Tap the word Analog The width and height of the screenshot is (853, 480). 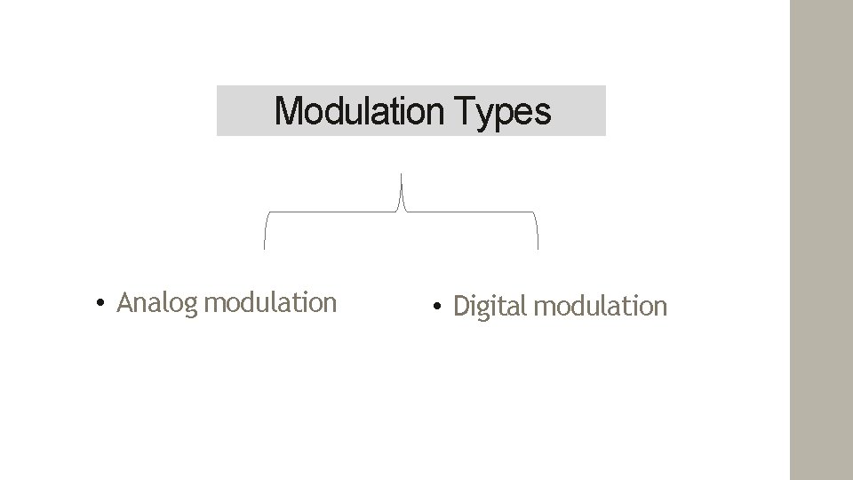tap(157, 303)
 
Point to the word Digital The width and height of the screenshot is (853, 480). tap(490, 307)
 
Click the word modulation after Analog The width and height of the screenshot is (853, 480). tap(270, 303)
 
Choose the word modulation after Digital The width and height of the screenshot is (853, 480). tap(601, 307)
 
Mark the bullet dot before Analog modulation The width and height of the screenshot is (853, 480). tap(103, 304)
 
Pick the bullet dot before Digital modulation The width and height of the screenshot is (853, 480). tap(436, 308)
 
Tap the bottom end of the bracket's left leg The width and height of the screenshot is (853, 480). tap(265, 246)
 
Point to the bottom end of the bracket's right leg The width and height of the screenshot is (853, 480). tap(538, 246)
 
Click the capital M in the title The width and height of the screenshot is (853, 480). tap(287, 112)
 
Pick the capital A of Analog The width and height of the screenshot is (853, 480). tap(125, 303)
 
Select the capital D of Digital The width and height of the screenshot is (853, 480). tap(461, 307)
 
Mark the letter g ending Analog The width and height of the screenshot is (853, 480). tap(189, 306)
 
